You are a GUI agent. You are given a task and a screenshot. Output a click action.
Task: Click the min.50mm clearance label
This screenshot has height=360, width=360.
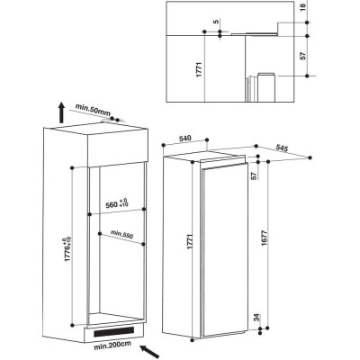[93, 109]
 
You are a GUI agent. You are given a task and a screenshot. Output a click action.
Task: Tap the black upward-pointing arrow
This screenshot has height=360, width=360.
[61, 112]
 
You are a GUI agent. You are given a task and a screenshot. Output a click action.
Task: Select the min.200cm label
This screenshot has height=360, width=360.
[112, 346]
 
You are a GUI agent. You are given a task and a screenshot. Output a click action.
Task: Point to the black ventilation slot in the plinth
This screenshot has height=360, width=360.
[114, 331]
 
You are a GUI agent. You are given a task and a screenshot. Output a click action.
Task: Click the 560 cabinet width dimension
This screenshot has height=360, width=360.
[117, 203]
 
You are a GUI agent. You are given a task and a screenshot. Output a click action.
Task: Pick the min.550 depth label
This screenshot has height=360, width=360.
[121, 234]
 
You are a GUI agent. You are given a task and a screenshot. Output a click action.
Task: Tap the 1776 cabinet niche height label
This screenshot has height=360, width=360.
[67, 249]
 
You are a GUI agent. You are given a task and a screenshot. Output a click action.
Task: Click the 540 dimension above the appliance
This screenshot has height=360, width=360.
[184, 139]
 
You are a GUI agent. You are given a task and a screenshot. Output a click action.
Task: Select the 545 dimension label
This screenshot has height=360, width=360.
[282, 148]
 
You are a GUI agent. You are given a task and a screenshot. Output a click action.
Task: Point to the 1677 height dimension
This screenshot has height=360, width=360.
[264, 238]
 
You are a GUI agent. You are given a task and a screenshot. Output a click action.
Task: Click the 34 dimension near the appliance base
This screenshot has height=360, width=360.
[256, 318]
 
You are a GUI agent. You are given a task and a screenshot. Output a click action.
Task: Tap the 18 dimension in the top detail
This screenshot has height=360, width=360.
[302, 6]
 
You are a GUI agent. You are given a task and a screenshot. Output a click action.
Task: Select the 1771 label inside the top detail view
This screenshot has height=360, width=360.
[199, 69]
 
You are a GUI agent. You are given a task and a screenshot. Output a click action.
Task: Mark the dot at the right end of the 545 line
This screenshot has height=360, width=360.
[310, 157]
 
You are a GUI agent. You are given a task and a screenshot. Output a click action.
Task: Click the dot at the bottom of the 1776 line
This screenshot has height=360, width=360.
[72, 325]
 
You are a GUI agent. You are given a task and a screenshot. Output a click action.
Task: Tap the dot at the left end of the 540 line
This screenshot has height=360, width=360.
[164, 146]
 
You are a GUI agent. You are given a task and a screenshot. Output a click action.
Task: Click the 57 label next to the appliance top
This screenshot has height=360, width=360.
[255, 175]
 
